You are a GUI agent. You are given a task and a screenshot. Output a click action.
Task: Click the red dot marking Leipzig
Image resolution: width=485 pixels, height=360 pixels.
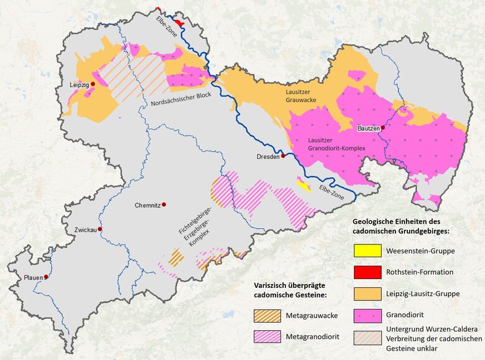93,83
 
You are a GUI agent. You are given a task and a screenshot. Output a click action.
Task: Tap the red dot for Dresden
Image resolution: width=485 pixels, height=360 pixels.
283,156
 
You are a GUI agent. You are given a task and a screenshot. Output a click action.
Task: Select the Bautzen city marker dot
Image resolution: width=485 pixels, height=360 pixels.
383,127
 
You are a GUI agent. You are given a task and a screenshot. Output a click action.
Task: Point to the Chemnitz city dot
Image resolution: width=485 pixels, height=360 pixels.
165,205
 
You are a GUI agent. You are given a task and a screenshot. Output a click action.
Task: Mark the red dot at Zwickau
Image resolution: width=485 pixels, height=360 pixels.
99,229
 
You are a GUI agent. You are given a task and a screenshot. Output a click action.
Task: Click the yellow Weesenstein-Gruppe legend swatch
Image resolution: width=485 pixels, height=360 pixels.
367,251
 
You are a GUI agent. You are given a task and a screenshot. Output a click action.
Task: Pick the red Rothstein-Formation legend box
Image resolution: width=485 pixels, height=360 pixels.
367,272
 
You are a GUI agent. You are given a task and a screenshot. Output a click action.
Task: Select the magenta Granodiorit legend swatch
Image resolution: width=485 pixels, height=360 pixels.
367,315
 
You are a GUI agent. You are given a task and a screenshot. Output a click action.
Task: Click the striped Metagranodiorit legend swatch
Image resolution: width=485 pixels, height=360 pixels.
267,336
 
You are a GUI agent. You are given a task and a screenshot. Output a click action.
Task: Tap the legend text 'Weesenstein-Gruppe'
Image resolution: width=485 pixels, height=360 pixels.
420,251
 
